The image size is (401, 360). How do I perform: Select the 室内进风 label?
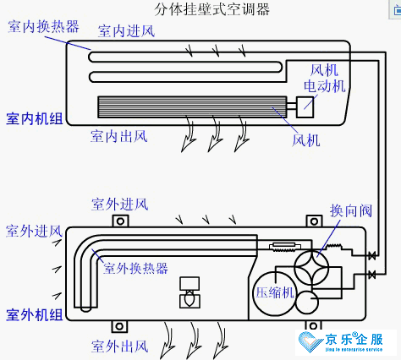[x=126, y=32]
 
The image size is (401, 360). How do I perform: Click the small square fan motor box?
[x=304, y=106]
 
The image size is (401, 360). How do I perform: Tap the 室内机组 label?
[x=34, y=118]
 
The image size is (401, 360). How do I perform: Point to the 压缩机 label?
[x=274, y=292]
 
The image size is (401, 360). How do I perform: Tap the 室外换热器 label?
[x=135, y=268]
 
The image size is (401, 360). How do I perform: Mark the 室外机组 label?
[x=34, y=314]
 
